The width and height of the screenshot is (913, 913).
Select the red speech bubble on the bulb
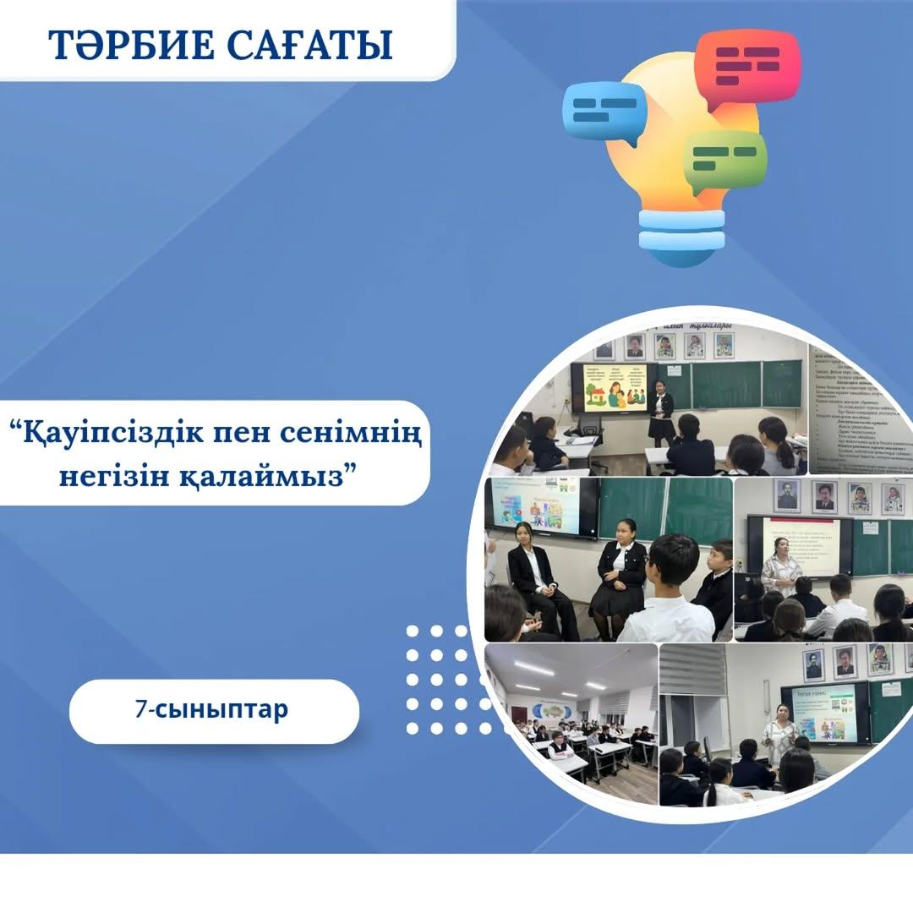coord(746,67)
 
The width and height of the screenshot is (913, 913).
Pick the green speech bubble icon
coord(725,161)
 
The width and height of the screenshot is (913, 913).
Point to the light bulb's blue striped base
coord(681,230)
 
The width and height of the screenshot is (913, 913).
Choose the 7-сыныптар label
coord(212,708)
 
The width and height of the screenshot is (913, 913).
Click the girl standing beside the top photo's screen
coord(660,410)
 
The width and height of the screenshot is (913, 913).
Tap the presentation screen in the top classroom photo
coord(609,387)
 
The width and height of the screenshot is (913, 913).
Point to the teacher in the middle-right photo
coord(780,566)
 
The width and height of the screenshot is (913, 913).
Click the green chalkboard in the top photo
coord(727,385)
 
